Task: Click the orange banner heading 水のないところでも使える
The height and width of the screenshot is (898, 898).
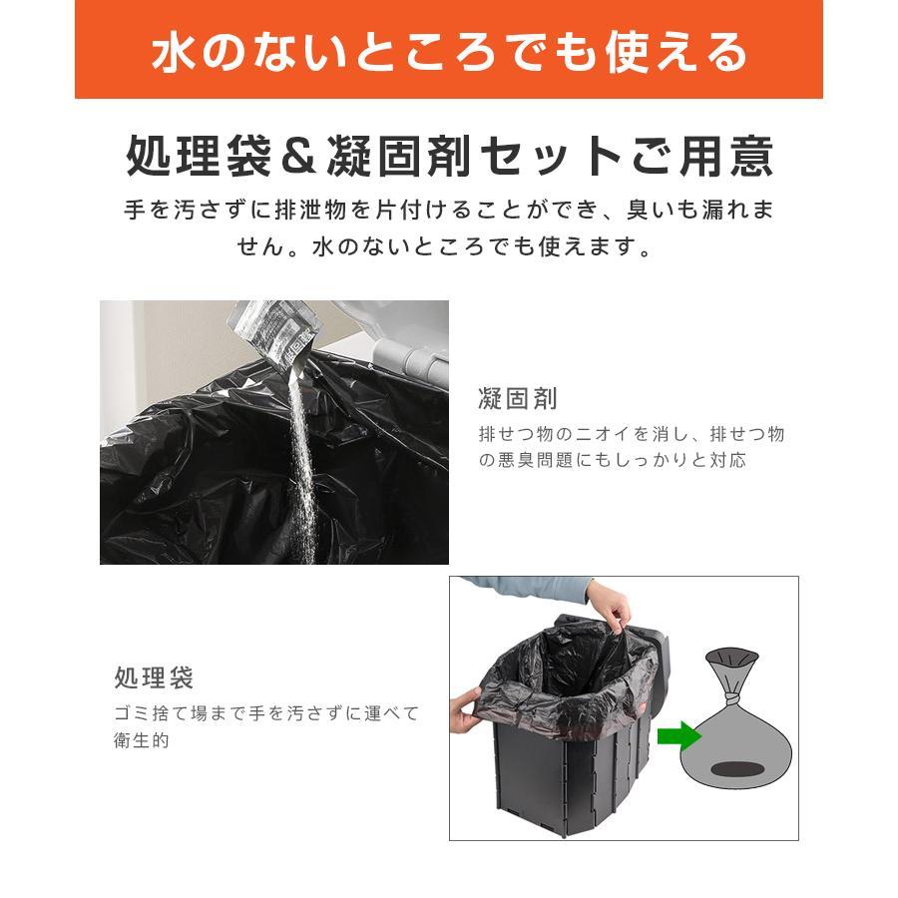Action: click(450, 52)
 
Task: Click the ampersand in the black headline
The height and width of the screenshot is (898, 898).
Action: click(298, 156)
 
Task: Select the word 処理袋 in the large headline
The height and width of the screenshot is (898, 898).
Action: click(199, 156)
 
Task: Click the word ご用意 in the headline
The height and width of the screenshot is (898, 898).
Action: click(701, 156)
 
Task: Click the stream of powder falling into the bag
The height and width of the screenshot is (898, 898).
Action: click(300, 452)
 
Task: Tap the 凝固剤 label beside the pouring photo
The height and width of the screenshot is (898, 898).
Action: click(518, 398)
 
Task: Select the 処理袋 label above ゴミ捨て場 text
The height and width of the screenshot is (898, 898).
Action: click(154, 678)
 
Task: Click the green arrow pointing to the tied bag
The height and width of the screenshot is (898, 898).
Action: click(679, 736)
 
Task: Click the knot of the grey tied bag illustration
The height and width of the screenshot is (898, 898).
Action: click(731, 699)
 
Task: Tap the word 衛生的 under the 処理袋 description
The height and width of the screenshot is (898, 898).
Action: click(142, 740)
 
